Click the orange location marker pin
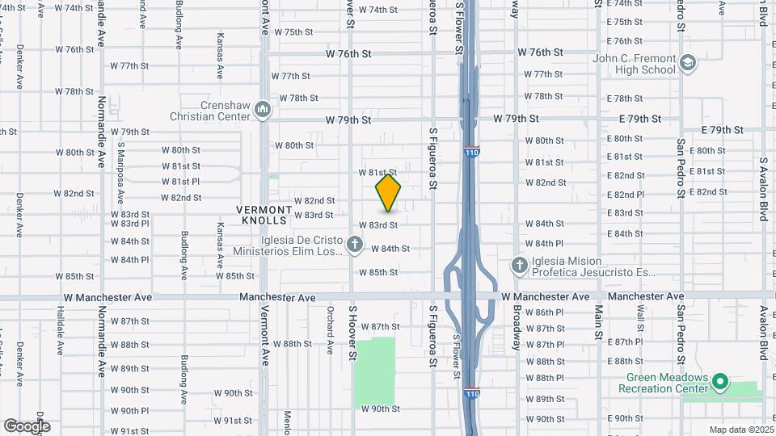[x=389, y=193]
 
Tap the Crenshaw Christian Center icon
[x=262, y=109]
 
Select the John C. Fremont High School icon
[x=688, y=63]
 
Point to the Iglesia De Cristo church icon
[x=354, y=244]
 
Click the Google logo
[x=27, y=426]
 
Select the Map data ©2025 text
[x=740, y=430]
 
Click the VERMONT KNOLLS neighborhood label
[x=262, y=214]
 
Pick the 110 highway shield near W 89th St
[x=473, y=393]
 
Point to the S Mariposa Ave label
[x=120, y=173]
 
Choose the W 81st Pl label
[x=180, y=181]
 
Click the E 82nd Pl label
[x=626, y=194]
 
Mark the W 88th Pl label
[x=545, y=378]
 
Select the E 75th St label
[x=624, y=22]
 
